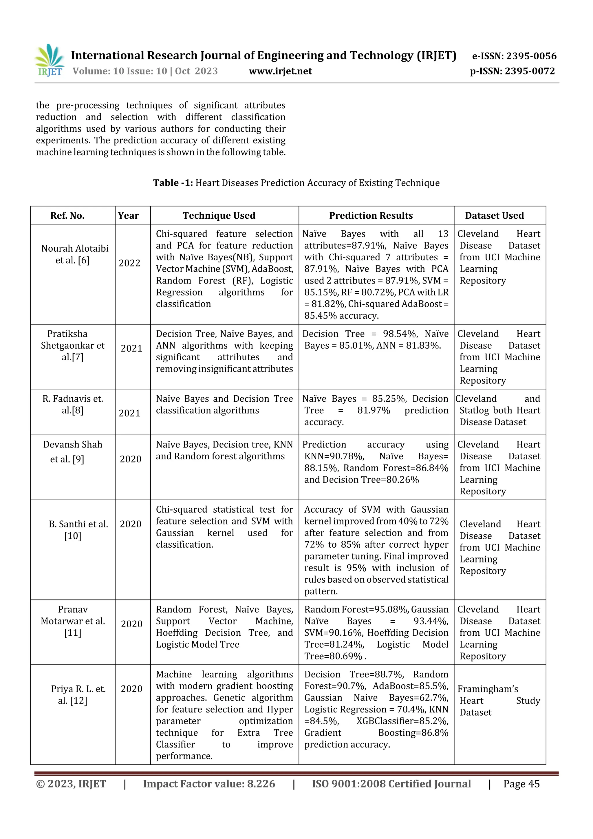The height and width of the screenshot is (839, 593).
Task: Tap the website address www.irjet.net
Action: [x=280, y=71]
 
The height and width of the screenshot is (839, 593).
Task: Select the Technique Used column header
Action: [x=219, y=215]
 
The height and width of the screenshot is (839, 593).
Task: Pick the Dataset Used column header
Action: [x=494, y=215]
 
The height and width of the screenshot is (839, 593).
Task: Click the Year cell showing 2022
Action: [x=130, y=263]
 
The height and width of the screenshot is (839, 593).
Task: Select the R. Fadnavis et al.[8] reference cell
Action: [x=73, y=405]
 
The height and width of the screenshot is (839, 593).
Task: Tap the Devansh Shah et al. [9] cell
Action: [x=73, y=452]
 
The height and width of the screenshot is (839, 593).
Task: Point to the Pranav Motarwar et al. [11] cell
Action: [x=73, y=621]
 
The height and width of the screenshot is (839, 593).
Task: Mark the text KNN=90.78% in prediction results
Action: [x=334, y=456]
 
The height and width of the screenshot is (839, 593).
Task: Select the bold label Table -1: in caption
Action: [x=173, y=183]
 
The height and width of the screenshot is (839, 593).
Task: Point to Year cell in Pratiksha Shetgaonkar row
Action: [x=131, y=349]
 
